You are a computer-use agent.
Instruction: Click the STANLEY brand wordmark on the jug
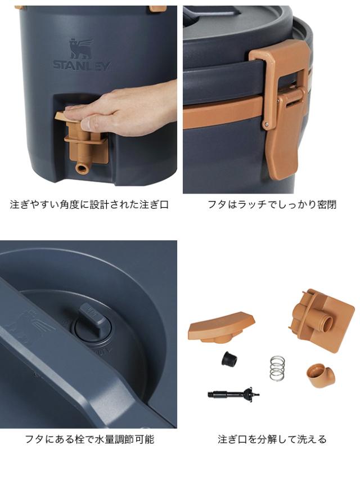[82, 65]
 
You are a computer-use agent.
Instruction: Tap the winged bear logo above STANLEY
[81, 48]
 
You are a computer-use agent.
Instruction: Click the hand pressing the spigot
[129, 108]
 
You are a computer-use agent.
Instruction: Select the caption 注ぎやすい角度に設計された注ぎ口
[89, 204]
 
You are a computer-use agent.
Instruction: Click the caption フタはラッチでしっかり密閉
[272, 204]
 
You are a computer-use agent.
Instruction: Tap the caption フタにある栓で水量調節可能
[89, 439]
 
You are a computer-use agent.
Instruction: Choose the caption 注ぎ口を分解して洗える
[272, 439]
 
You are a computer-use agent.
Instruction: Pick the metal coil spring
[276, 368]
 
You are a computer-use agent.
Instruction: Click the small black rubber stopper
[227, 358]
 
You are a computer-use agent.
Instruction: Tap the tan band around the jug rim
[225, 115]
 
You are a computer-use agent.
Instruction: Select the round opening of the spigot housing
[326, 323]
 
